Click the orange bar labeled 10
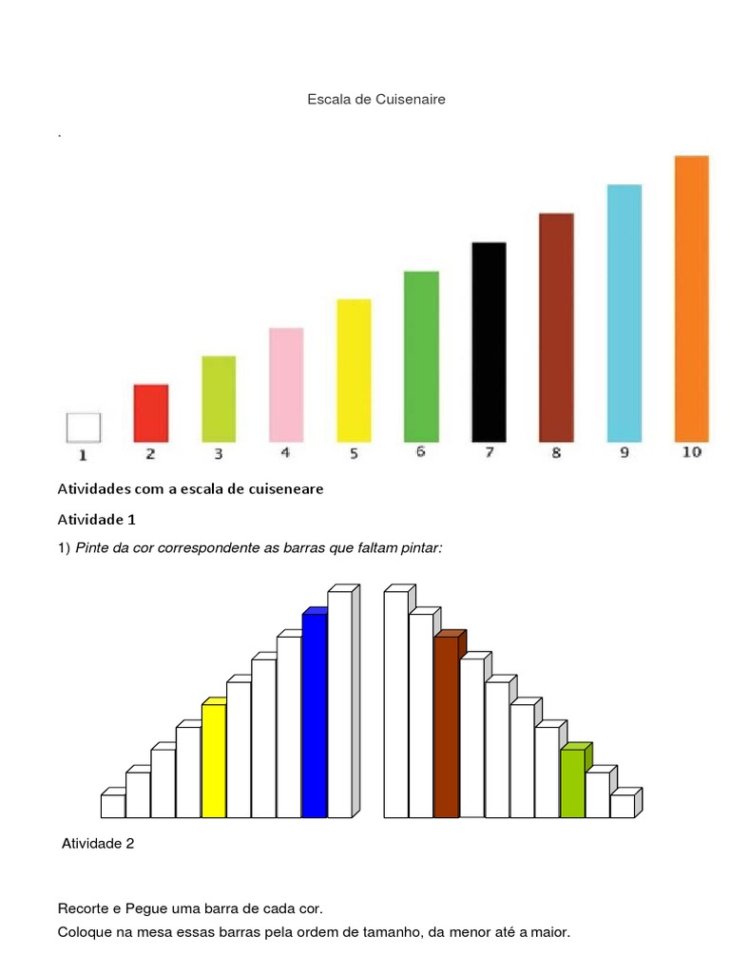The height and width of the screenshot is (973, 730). click(691, 298)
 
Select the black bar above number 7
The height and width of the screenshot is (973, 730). click(489, 342)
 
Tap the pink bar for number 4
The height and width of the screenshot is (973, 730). click(286, 384)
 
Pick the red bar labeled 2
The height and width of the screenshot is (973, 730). click(151, 412)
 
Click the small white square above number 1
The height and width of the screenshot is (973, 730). click(83, 427)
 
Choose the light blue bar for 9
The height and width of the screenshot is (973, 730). click(624, 313)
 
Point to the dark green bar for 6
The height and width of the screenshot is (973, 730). click(421, 356)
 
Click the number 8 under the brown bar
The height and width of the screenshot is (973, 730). click(556, 452)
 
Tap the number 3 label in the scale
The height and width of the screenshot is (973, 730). click(218, 453)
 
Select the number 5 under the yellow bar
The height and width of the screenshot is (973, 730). click(354, 453)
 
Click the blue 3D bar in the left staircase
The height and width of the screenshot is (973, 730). click(314, 715)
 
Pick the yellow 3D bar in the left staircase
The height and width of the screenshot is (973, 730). click(214, 760)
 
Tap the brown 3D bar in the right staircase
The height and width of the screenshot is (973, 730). click(446, 726)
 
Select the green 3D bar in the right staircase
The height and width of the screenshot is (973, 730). click(572, 783)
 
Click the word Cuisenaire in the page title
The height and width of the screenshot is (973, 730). click(408, 99)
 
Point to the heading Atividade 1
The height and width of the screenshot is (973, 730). click(98, 520)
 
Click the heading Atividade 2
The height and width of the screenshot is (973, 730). click(98, 843)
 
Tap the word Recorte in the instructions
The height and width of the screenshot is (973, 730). click(85, 908)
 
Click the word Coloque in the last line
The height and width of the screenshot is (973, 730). click(87, 932)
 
